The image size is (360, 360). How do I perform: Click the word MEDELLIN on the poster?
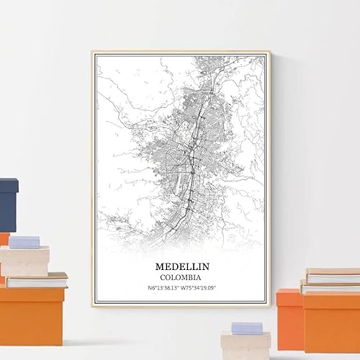tap(181, 264)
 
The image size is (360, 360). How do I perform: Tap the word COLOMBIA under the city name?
tap(181, 276)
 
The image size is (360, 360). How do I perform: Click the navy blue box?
tap(8, 204)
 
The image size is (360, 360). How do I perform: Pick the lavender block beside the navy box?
tap(24, 242)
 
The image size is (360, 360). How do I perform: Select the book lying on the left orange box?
tap(36, 279)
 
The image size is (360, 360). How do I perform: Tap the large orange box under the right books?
tap(331, 320)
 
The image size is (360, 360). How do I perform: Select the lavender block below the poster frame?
tap(247, 328)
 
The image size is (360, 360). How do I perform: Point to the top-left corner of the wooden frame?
tap(92, 52)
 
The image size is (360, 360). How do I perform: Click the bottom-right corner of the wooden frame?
tap(270, 306)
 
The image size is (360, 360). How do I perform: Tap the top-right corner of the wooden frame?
tap(270, 52)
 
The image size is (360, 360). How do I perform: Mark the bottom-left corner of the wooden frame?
tap(92, 306)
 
